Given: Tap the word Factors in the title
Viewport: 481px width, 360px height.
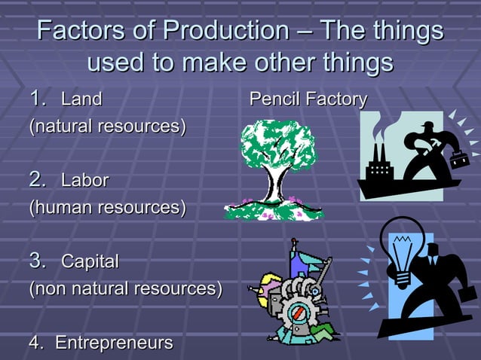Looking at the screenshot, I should [74, 32].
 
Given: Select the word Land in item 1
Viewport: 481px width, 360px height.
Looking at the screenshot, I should [81, 99].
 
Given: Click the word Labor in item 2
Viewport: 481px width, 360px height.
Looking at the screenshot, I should [84, 181].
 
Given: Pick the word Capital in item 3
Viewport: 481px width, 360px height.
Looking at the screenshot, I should [90, 262].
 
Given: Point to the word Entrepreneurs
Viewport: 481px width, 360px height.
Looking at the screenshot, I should [114, 343].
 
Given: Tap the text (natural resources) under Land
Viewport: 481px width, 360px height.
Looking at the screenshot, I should [107, 126].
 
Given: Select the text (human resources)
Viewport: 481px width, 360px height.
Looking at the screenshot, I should [106, 207].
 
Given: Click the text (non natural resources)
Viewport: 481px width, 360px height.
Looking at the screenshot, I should [125, 288].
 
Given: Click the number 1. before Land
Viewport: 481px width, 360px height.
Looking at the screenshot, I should [39, 99].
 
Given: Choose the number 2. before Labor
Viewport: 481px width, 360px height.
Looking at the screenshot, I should [39, 180].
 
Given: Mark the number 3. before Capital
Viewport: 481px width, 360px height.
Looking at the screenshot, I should [39, 261].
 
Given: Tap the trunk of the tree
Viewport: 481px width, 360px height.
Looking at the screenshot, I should [278, 186].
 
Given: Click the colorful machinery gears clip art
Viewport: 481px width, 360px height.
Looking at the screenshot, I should [298, 297].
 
